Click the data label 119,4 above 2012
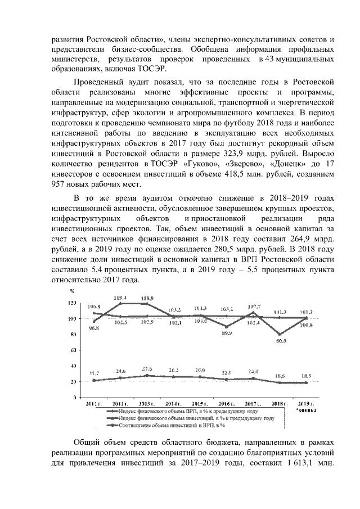(120, 298)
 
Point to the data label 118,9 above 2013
(148, 298)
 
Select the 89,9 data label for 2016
(227, 333)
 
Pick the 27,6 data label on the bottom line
(147, 368)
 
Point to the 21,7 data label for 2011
(93, 373)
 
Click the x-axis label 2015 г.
(200, 404)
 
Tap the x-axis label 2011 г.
(92, 404)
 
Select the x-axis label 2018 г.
(279, 404)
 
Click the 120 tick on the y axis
(72, 303)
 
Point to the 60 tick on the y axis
(73, 350)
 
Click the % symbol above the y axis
(72, 291)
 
